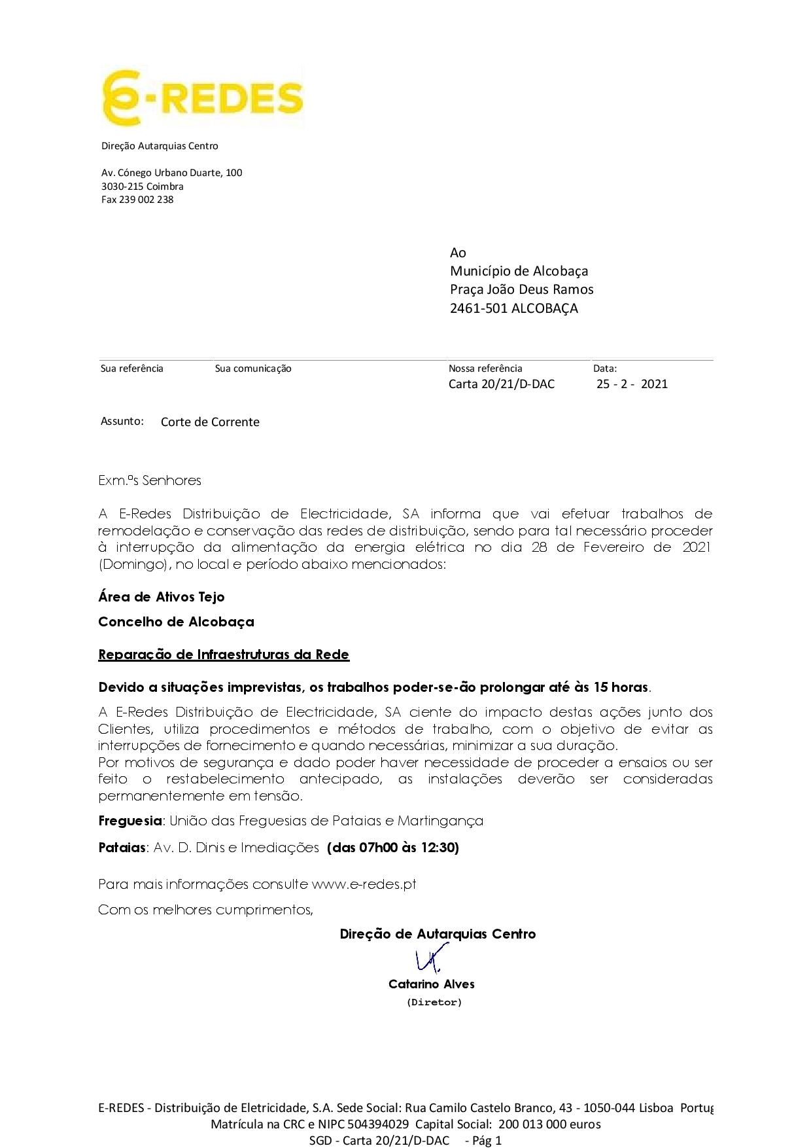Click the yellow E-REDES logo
pos(202,99)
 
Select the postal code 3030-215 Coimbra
pos(142,187)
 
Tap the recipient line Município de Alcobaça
pos(519,271)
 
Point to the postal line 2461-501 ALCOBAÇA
pos(513,308)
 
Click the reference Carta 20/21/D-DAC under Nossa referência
pos(501,384)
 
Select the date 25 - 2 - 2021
pos(632,384)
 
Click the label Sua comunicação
pos(253,368)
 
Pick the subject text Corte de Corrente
pos(210,422)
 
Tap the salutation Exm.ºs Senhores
pos(150,480)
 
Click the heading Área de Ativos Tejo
pos(162,597)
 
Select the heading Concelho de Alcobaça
pos(176,622)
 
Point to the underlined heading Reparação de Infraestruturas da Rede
pos(224,655)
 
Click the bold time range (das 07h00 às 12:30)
pos(392,848)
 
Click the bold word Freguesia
pos(130,821)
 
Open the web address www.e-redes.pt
pos(364,884)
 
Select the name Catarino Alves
pos(432,984)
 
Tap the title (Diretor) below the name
pos(434,1002)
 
